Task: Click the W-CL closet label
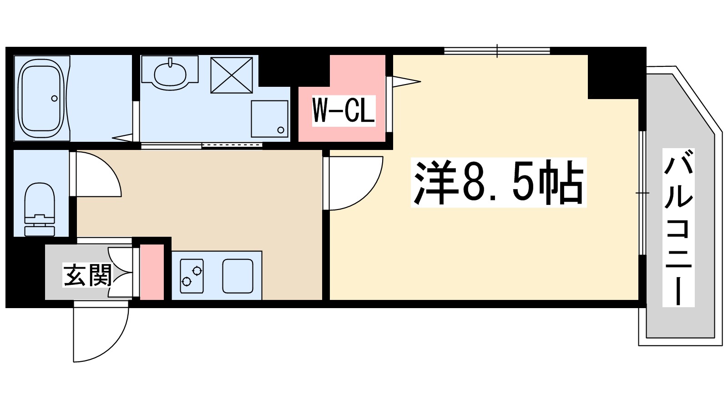[344, 110]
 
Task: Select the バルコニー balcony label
[678, 228]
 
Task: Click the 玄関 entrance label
[87, 275]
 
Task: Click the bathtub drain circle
[55, 98]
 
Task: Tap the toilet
[39, 209]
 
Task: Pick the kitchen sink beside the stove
[238, 276]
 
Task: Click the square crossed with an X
[232, 75]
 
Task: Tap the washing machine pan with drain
[270, 119]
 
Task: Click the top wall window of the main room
[497, 50]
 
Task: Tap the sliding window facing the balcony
[642, 193]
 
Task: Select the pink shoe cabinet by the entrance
[152, 272]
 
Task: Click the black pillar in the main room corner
[613, 76]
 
